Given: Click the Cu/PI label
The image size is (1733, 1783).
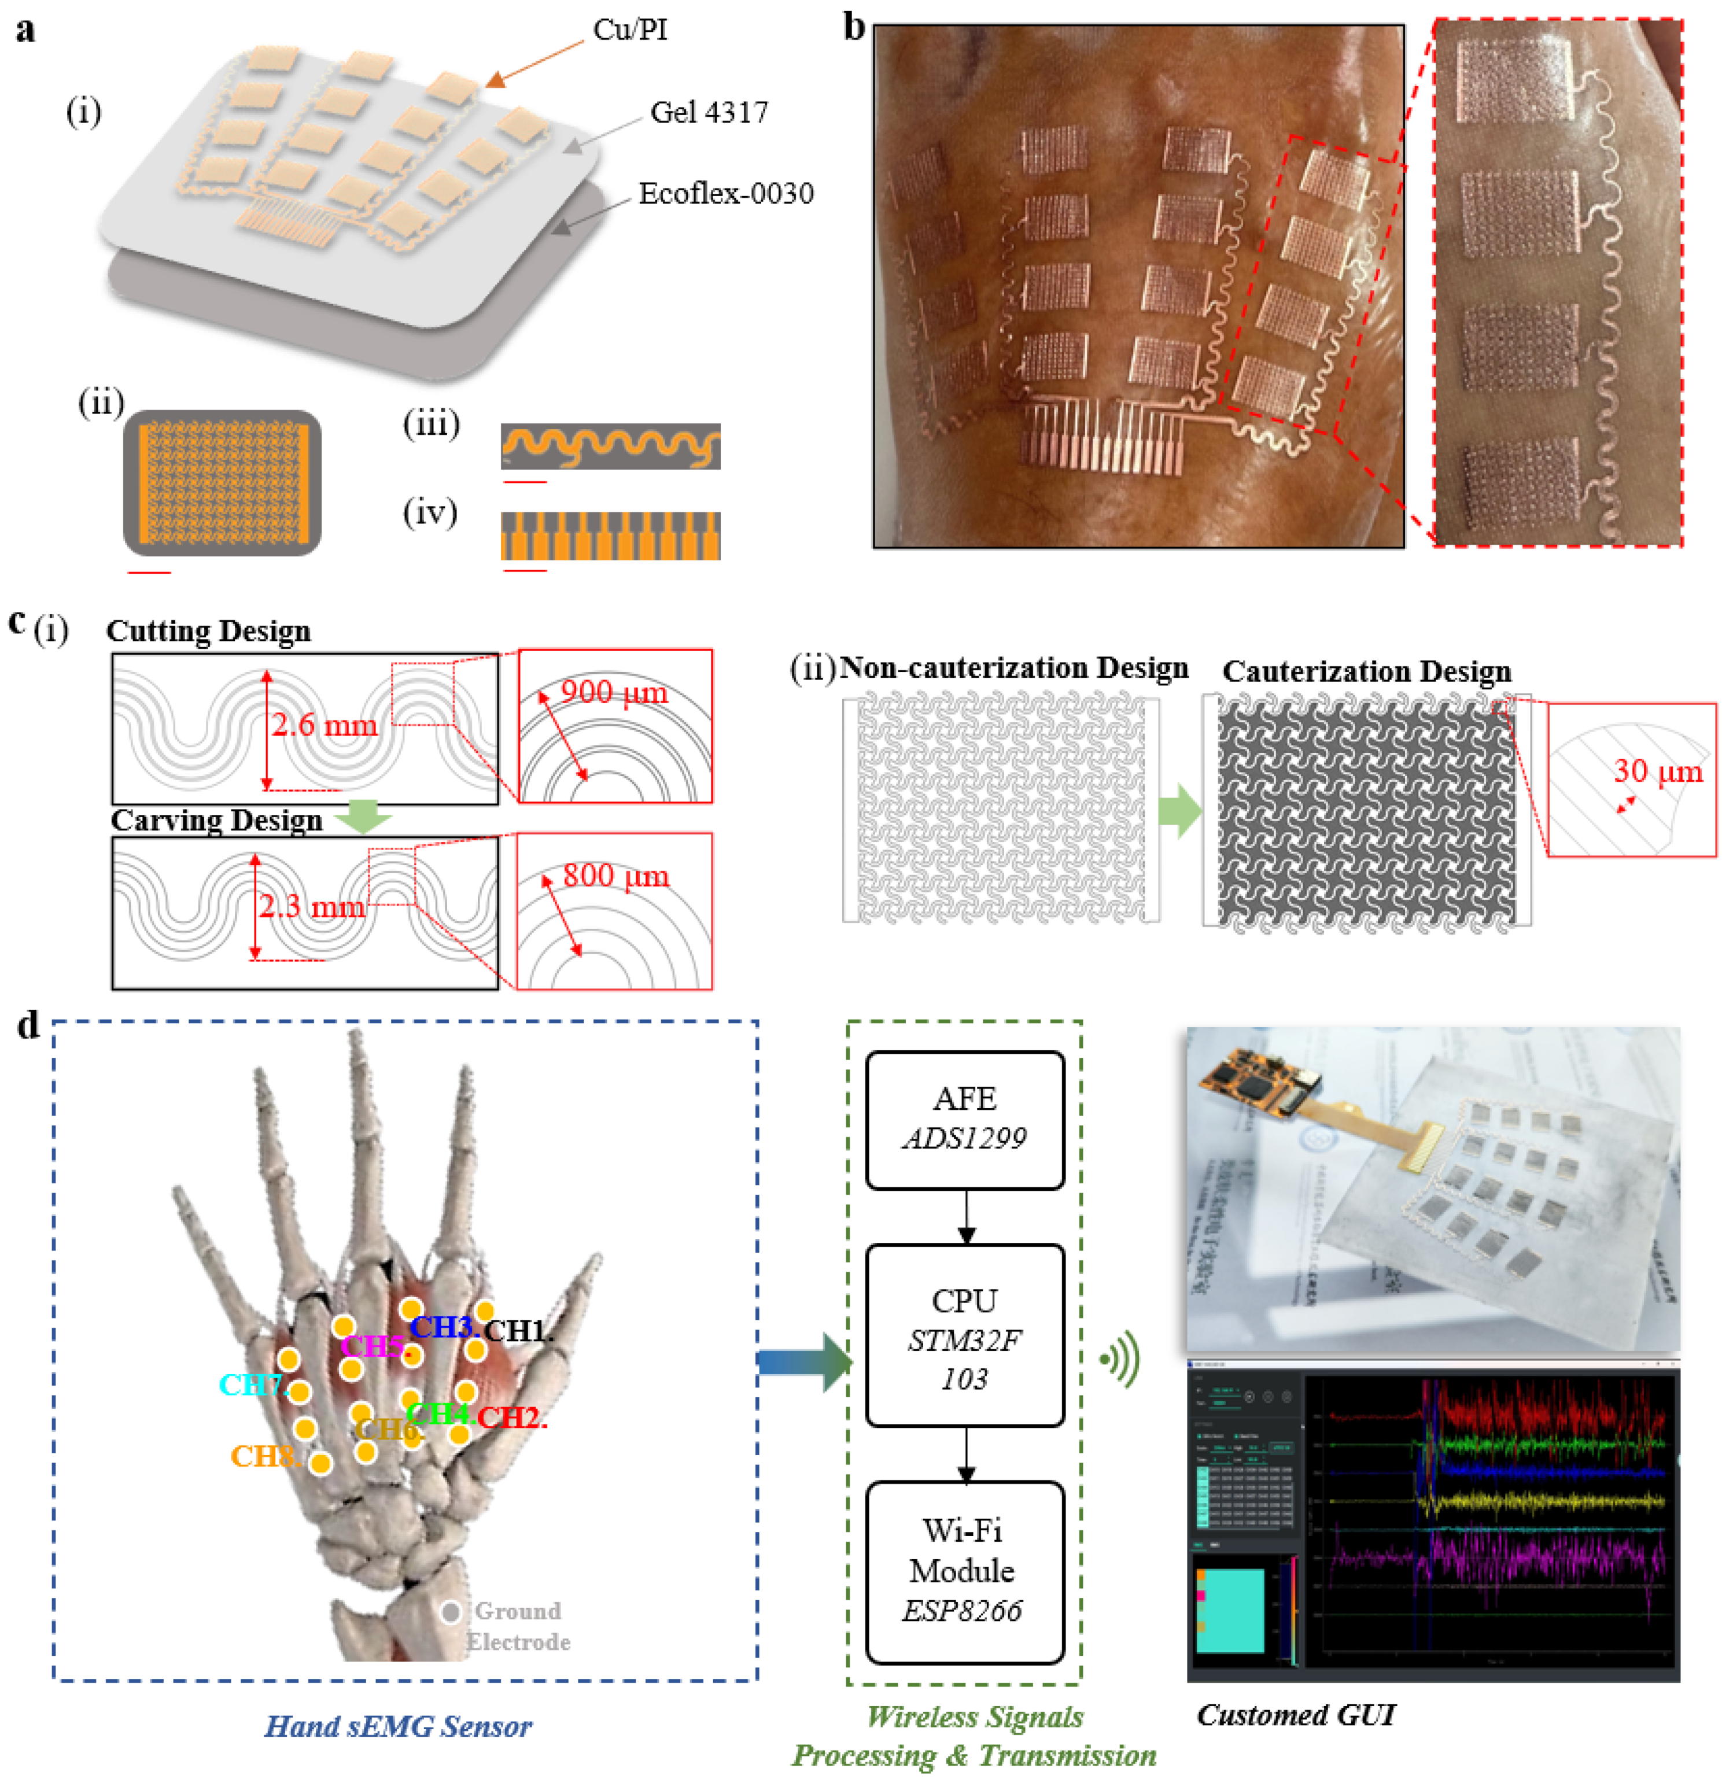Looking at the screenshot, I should tap(630, 30).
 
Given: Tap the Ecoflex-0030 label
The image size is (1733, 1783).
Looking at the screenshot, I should tap(725, 194).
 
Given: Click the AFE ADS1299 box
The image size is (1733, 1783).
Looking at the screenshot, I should tap(965, 1120).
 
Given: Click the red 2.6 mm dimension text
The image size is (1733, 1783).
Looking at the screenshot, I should tap(323, 725).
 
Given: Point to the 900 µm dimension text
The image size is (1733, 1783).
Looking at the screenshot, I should tap(614, 693).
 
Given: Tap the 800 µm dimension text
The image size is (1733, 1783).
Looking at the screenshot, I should tap(615, 876).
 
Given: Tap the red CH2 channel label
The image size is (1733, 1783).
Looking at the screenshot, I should tap(511, 1417).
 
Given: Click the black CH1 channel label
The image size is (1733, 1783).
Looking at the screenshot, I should tap(517, 1331).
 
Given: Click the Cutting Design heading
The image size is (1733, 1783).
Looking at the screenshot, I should tap(208, 631).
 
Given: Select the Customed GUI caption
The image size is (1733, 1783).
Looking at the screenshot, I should tap(1295, 1715).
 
